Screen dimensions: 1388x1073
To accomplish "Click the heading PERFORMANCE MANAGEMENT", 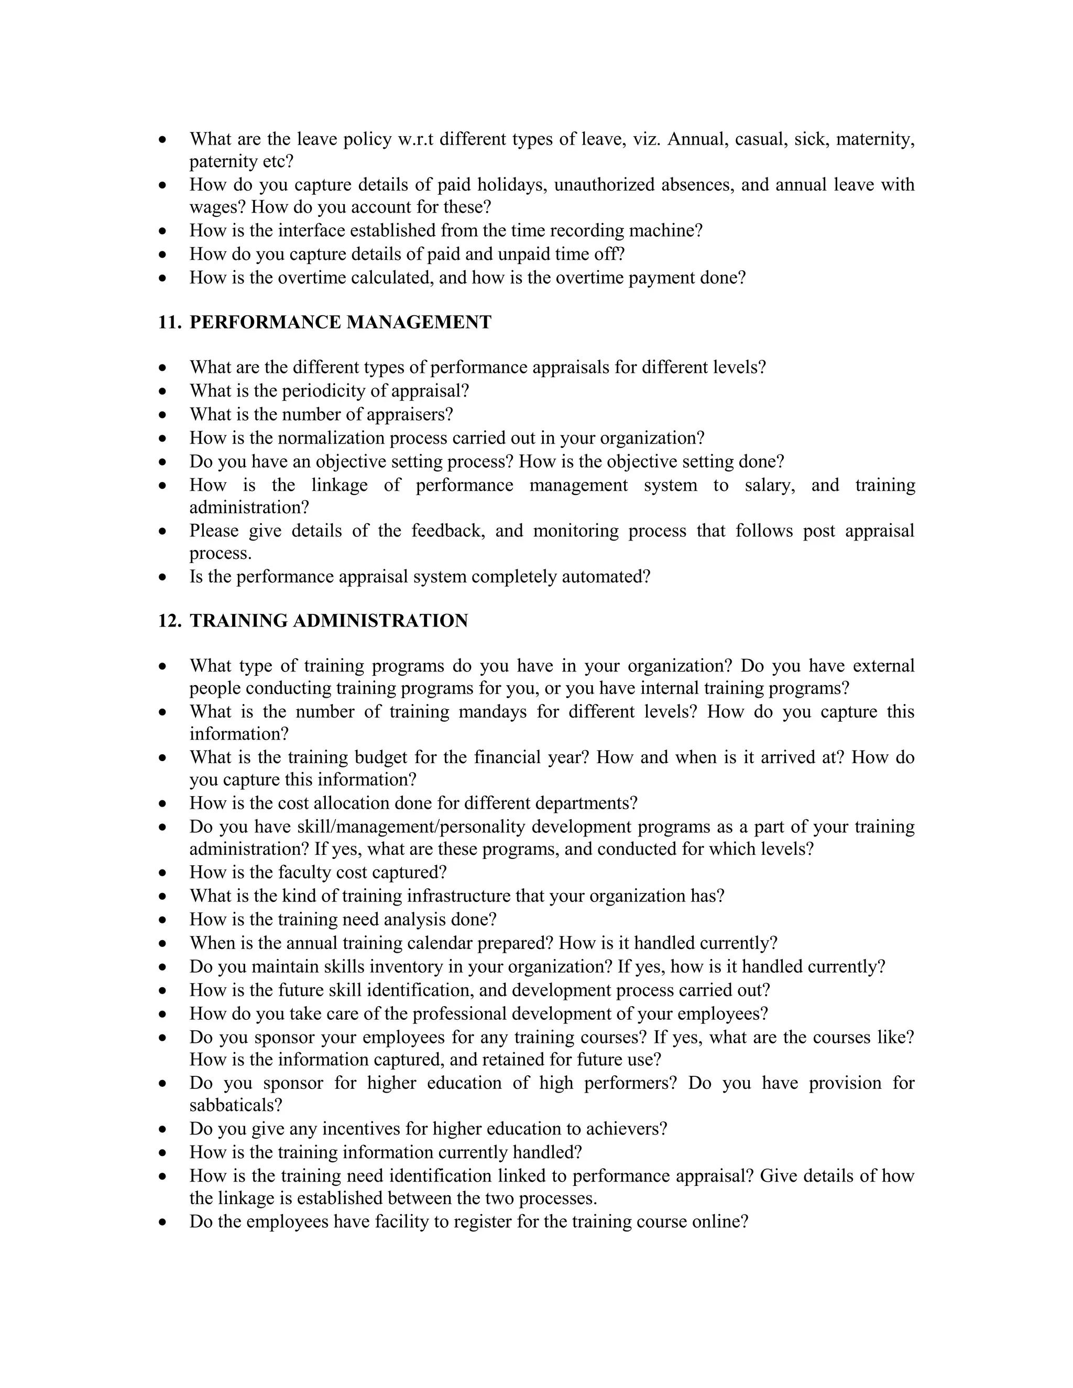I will pos(340,322).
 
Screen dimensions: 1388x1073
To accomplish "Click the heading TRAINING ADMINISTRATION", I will pos(329,621).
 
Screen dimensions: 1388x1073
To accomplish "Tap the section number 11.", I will pos(169,322).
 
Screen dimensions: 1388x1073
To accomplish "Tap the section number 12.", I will pos(169,621).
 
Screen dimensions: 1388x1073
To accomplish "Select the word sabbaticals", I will pos(235,1105).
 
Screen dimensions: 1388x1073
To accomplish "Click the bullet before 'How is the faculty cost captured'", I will pos(164,873).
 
